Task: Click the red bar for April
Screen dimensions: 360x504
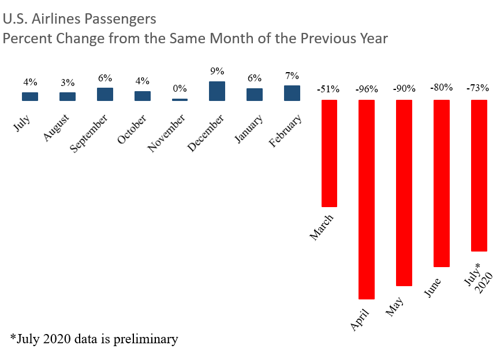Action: (x=367, y=199)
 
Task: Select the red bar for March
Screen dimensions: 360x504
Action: (x=329, y=153)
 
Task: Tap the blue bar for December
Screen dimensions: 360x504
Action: (x=217, y=91)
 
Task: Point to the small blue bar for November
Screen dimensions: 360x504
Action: (x=180, y=100)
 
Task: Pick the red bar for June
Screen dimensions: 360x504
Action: (x=441, y=183)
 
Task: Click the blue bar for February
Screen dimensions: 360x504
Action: (x=292, y=93)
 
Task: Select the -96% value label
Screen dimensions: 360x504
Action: (x=367, y=89)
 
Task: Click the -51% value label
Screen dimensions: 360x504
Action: (x=328, y=89)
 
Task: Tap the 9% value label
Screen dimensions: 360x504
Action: (x=217, y=72)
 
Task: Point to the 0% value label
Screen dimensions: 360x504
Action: (x=180, y=89)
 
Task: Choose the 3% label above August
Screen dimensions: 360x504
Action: (x=68, y=82)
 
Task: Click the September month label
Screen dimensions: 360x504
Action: (x=89, y=133)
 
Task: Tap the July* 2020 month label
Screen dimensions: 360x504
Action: (x=479, y=277)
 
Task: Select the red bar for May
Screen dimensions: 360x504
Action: (x=404, y=193)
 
